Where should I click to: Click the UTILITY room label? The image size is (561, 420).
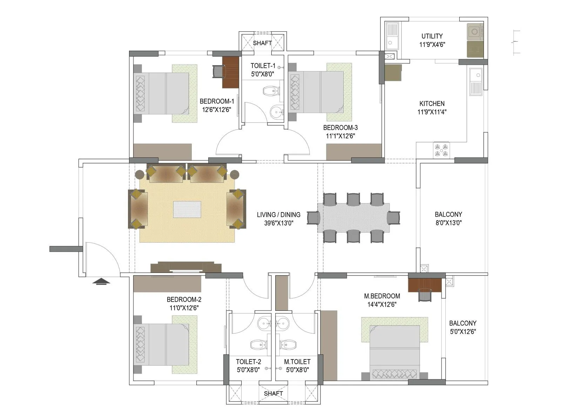[x=432, y=36]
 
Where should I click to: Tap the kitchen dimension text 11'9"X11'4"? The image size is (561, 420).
[x=432, y=112]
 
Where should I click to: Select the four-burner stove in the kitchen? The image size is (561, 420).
[x=441, y=150]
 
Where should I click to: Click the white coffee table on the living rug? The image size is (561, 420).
[x=187, y=209]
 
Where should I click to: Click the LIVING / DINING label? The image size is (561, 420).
[x=278, y=215]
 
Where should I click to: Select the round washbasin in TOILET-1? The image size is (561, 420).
[x=277, y=112]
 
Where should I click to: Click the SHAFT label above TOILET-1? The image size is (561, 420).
[x=262, y=43]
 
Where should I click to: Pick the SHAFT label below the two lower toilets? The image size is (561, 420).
[x=273, y=393]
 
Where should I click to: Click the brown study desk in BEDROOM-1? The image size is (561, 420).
[x=230, y=72]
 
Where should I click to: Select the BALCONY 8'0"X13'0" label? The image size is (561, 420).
[x=448, y=214]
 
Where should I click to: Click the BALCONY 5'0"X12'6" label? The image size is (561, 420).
[x=462, y=323]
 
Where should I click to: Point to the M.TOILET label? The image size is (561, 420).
[x=297, y=362]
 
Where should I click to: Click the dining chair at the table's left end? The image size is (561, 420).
[x=313, y=218]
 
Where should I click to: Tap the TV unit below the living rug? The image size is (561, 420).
[x=186, y=267]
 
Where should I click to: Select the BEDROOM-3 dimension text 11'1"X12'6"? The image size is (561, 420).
[x=340, y=136]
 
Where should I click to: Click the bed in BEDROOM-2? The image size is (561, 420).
[x=165, y=344]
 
